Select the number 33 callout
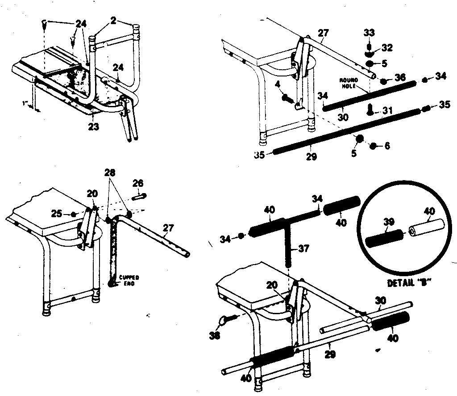pos(369,33)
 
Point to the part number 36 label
pos(400,78)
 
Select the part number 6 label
pos(387,145)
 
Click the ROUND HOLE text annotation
pos(348,84)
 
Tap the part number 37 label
pos(304,249)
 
